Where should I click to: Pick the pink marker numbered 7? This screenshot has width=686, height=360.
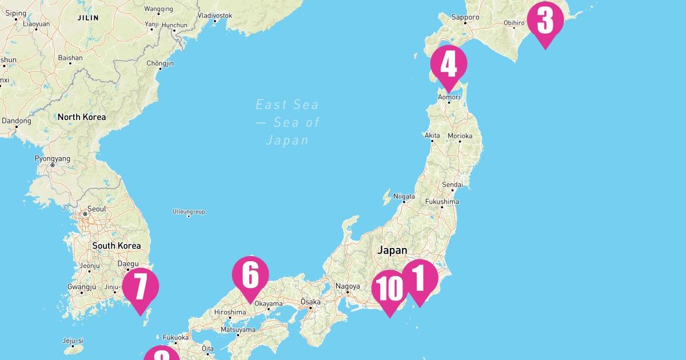pyautogui.click(x=140, y=287)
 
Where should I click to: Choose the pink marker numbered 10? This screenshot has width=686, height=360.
pyautogui.click(x=389, y=289)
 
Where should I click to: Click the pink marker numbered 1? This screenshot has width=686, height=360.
pyautogui.click(x=420, y=279)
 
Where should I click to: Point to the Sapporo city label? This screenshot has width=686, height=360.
pyautogui.click(x=465, y=18)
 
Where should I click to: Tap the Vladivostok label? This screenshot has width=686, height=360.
pyautogui.click(x=214, y=15)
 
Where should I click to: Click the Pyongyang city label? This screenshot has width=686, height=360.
pyautogui.click(x=52, y=158)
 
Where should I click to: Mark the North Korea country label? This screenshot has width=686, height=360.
pyautogui.click(x=81, y=117)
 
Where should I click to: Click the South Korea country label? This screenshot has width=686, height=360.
pyautogui.click(x=117, y=246)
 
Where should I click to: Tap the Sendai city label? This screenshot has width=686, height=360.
pyautogui.click(x=452, y=185)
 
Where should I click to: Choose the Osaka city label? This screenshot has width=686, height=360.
pyautogui.click(x=311, y=302)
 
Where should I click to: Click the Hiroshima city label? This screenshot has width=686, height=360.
pyautogui.click(x=229, y=312)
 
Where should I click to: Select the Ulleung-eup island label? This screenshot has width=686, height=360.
pyautogui.click(x=189, y=212)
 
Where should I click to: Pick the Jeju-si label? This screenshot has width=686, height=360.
pyautogui.click(x=73, y=341)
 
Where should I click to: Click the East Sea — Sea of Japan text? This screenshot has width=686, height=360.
pyautogui.click(x=288, y=122)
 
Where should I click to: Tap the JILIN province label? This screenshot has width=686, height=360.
pyautogui.click(x=87, y=18)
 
